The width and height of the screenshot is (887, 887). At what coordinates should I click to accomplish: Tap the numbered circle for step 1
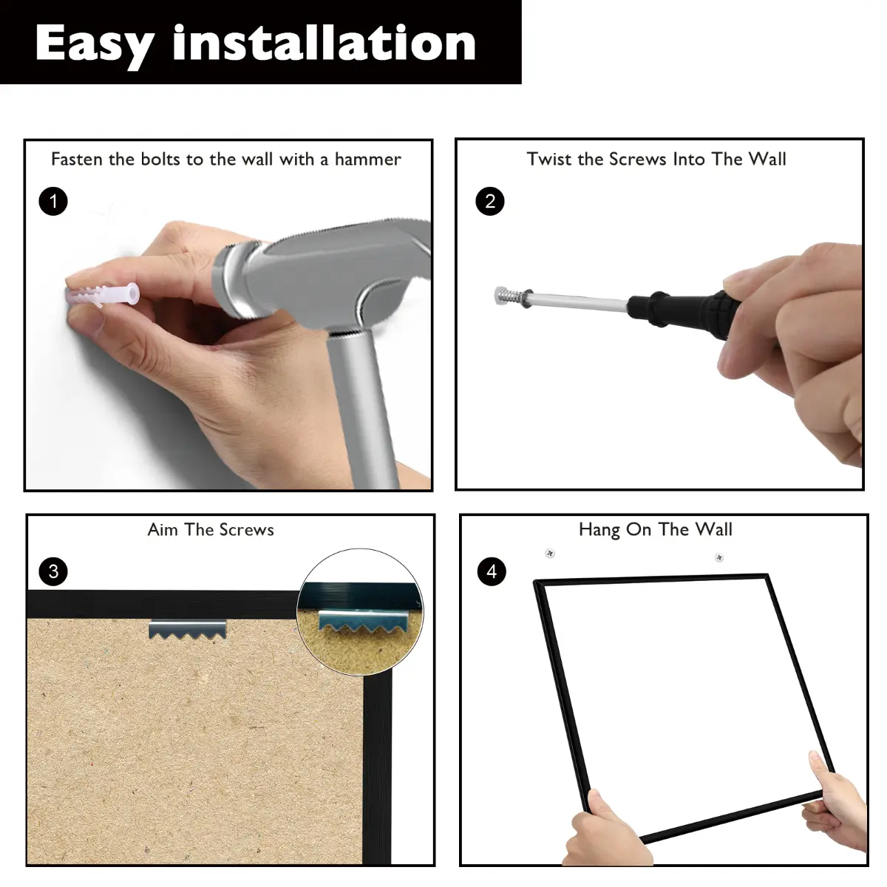53,201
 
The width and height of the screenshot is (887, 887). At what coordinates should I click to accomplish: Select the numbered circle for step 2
490,201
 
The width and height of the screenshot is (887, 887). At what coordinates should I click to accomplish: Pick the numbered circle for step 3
53,571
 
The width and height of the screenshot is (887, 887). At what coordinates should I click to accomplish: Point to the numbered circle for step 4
492,571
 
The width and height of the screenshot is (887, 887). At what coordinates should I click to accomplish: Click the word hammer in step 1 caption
368,159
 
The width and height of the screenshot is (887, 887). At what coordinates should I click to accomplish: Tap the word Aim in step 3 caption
163,530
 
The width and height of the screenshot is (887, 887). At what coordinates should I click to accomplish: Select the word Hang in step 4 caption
599,530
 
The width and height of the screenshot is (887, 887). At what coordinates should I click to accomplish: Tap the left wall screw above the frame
550,553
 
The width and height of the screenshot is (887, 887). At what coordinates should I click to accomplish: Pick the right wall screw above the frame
719,557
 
